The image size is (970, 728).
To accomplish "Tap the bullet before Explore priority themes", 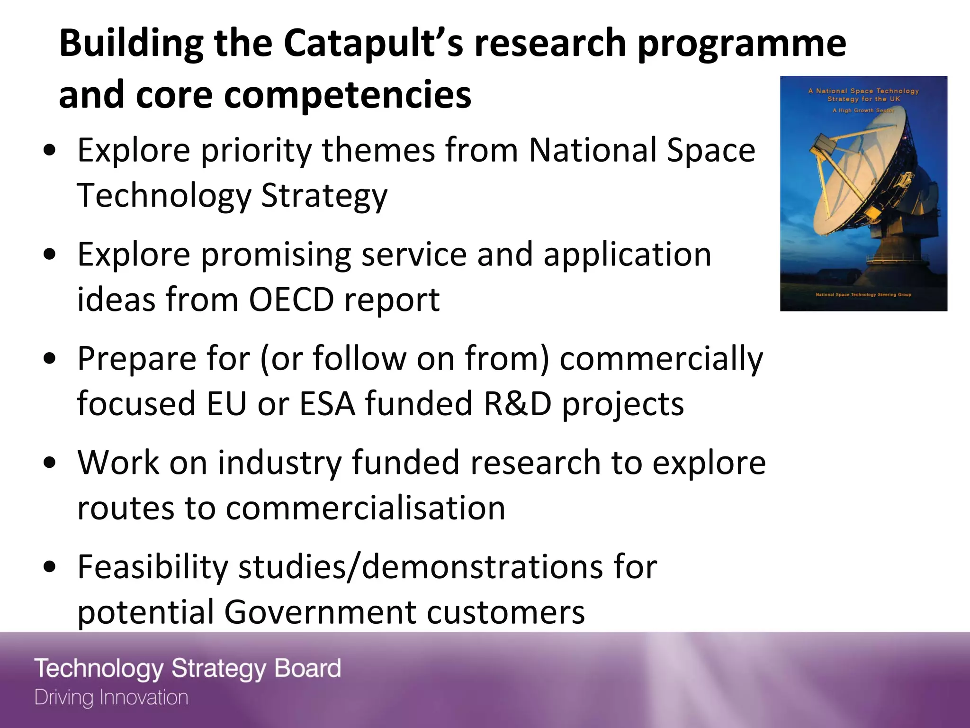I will [49, 151].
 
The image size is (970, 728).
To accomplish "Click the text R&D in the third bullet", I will [517, 404].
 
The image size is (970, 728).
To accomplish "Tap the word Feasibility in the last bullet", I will [153, 567].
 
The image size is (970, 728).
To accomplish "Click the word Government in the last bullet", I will [320, 612].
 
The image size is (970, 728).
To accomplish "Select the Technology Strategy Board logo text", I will [188, 669].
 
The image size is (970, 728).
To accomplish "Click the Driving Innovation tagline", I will [111, 698].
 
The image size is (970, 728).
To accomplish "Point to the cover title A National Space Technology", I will [863, 91].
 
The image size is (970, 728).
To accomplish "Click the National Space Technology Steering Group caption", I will [863, 295].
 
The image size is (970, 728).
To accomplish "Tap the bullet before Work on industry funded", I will [49, 463].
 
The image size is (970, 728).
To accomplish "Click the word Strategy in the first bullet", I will [324, 196].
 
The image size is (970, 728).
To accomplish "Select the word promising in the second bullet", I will [276, 255].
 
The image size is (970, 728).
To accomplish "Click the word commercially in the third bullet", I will [661, 359].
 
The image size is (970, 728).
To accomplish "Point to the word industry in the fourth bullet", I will [279, 463].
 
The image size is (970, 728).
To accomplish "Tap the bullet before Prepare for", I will [49, 359].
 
